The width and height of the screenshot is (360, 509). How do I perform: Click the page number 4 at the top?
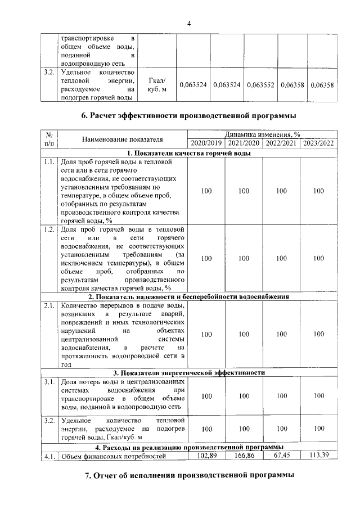pyautogui.click(x=189, y=23)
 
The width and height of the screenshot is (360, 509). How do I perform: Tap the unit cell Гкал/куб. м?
pyautogui.click(x=157, y=85)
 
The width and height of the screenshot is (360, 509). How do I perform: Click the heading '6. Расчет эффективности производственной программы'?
pyautogui.click(x=188, y=116)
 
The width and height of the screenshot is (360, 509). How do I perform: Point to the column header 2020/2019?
pyautogui.click(x=205, y=143)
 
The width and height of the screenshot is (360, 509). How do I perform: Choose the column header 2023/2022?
pyautogui.click(x=318, y=143)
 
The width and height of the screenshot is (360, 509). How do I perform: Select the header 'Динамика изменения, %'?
pyautogui.click(x=262, y=135)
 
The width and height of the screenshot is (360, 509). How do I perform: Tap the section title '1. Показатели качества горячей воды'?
pyautogui.click(x=189, y=153)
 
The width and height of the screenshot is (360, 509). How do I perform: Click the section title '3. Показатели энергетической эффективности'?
pyautogui.click(x=189, y=372)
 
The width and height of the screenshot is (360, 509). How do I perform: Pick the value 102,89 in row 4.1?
pyautogui.click(x=206, y=455)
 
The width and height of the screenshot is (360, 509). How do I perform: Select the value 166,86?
pyautogui.click(x=243, y=455)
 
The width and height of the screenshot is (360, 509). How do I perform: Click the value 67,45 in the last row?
pyautogui.click(x=281, y=455)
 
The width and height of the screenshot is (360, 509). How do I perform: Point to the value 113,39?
pyautogui.click(x=318, y=455)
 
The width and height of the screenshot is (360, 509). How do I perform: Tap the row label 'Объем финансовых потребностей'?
pyautogui.click(x=106, y=456)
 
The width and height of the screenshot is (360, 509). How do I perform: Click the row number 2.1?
pyautogui.click(x=49, y=305)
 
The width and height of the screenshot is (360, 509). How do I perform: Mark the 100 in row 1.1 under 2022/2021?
pyautogui.click(x=281, y=191)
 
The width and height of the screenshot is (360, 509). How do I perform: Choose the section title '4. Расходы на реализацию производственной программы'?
pyautogui.click(x=189, y=447)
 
